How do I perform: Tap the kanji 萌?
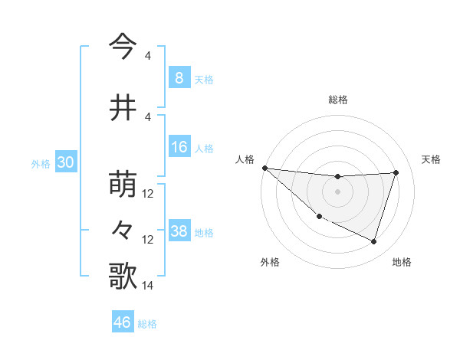123,185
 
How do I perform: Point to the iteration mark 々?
123,229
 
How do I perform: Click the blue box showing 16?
179,147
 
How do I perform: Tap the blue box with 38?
179,231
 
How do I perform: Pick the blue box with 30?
65,162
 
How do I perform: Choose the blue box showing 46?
123,322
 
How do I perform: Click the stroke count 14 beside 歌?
148,286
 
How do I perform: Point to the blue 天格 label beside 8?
204,80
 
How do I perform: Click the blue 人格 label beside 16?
204,149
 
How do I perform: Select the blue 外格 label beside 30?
41,164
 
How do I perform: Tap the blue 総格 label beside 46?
147,324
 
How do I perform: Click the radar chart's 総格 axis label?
337,100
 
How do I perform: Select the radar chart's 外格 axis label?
270,262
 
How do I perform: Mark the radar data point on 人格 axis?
264,168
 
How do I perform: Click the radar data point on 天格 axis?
396,172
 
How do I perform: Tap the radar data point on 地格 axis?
373,241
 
